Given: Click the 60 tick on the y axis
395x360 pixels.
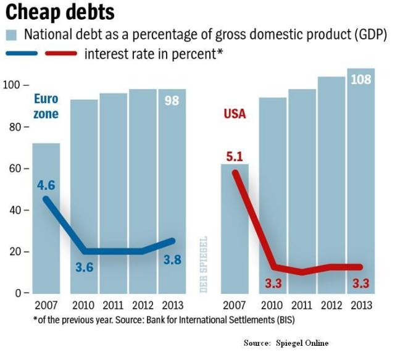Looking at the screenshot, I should tap(14, 169).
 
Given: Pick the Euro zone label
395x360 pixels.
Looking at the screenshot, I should tap(46, 106).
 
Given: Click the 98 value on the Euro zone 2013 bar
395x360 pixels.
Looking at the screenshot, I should tap(172, 100).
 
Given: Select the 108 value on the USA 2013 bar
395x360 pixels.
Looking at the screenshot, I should tap(361, 80).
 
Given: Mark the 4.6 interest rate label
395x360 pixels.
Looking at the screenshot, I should tap(46, 184).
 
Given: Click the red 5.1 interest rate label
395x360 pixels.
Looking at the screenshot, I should tap(235, 157).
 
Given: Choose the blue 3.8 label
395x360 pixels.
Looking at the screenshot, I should tap(172, 260).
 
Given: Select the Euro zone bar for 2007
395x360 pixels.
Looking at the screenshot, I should tap(46, 235).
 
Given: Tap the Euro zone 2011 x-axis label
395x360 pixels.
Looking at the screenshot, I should tap(114, 305).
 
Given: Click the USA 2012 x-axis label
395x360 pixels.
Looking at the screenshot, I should tap(331, 305).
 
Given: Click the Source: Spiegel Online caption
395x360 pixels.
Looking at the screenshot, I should tap(285, 343).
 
